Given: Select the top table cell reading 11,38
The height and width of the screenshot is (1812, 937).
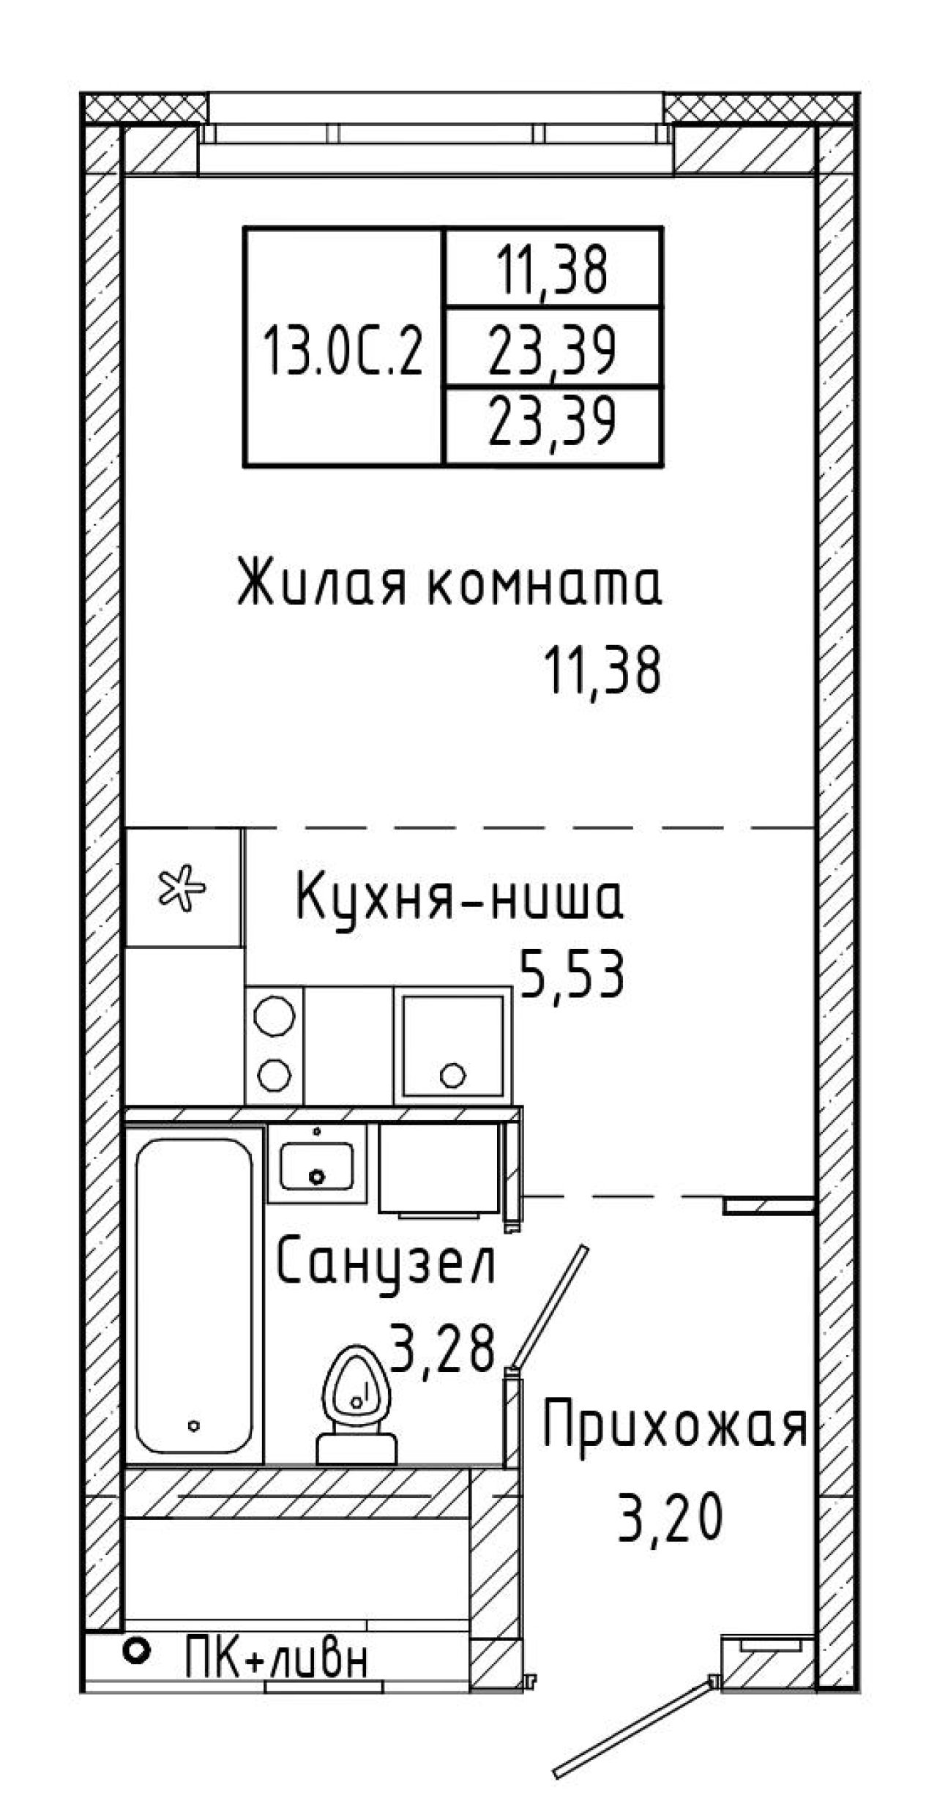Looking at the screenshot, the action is coord(553,269).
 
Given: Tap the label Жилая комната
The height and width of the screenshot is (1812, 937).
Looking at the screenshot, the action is coord(449,582).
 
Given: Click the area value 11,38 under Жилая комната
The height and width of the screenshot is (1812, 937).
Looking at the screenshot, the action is coord(602,671).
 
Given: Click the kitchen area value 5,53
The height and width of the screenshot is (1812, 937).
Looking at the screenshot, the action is coord(572,973).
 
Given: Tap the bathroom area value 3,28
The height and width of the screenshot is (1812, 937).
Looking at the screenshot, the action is coord(444,1348).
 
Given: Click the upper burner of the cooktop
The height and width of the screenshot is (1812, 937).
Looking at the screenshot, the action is coord(275,1016).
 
